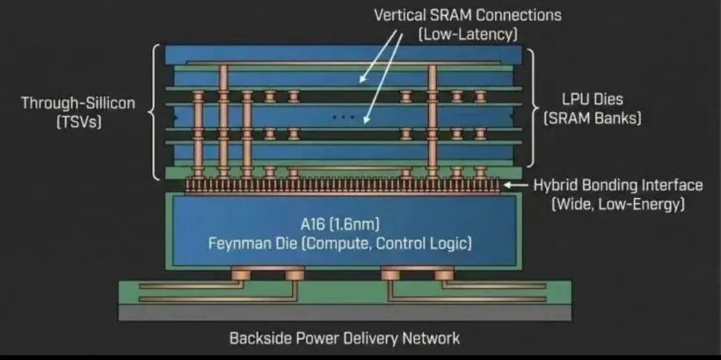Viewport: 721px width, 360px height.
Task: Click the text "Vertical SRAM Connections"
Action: point(467,15)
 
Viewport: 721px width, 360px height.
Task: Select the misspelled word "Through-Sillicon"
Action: point(78,103)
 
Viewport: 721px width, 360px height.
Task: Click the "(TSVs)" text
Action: point(78,123)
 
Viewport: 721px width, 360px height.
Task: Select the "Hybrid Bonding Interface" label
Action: point(618,185)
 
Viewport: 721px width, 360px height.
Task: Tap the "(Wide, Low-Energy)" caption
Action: point(618,205)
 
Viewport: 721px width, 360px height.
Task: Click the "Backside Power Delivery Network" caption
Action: point(344,338)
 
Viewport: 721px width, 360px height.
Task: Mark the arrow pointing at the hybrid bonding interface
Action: point(516,185)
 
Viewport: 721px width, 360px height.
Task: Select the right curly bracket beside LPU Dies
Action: point(532,107)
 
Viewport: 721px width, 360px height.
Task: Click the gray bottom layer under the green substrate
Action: point(345,313)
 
